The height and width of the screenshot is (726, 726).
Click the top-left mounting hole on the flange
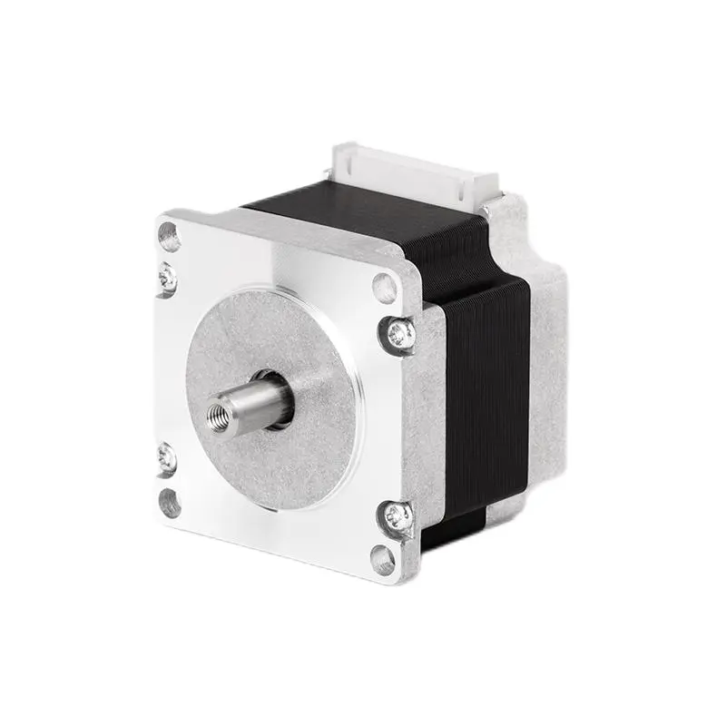pos(170,237)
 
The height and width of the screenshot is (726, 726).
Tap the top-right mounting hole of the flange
pos(386,289)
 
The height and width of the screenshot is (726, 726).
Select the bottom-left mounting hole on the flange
pos(170,502)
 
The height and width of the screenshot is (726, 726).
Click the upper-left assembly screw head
pos(168,275)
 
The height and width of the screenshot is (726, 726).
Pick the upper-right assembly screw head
pos(400,336)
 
